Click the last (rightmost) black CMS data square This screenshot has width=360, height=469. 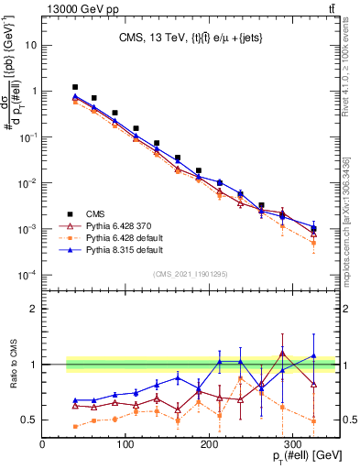pyautogui.click(x=313, y=229)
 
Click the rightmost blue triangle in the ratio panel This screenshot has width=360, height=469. pyautogui.click(x=313, y=356)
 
